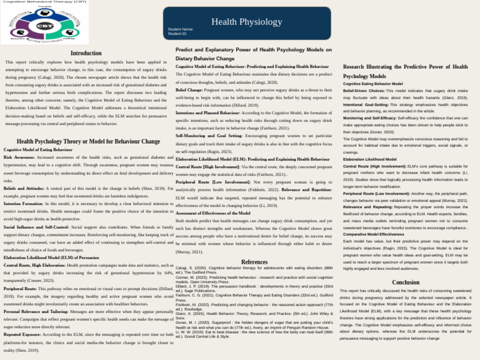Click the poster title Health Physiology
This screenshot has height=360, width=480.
pos(238,22)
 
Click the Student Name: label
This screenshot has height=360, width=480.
pos(181,29)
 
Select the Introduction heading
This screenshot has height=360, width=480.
pos(86,54)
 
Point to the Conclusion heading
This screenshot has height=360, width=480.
pos(406,265)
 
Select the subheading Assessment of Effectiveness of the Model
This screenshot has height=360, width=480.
pos(213,213)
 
